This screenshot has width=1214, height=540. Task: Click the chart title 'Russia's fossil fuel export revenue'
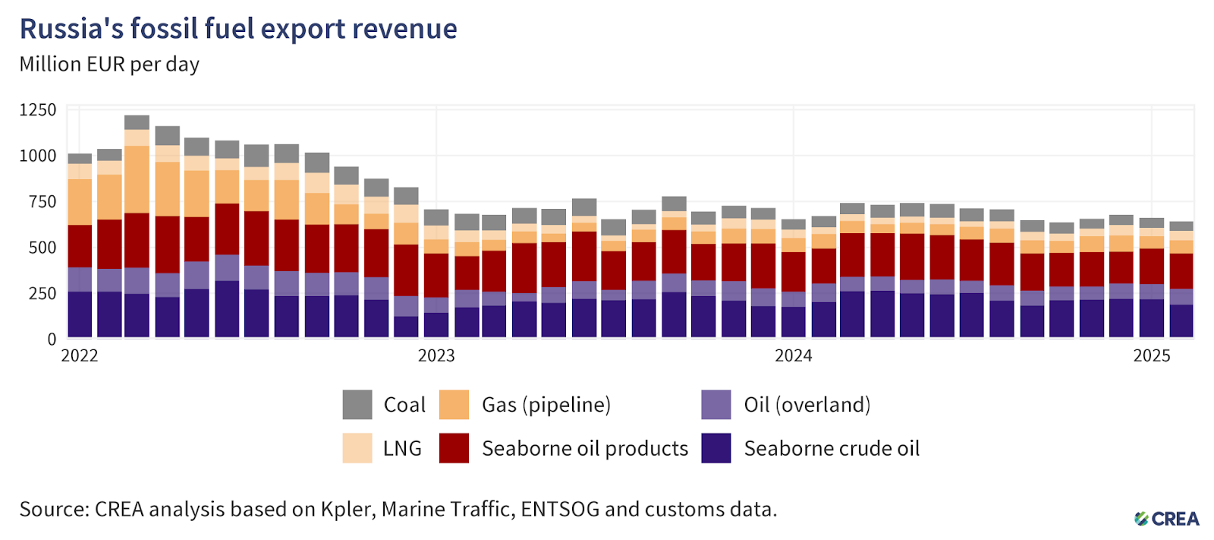(238, 29)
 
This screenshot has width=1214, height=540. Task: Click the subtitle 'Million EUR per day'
(109, 65)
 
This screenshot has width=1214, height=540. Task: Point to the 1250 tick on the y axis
(38, 110)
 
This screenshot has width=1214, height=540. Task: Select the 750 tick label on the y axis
(42, 202)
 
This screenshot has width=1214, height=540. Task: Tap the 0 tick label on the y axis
(52, 339)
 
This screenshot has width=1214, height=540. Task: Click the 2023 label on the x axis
(436, 356)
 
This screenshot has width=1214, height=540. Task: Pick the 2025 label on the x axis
(1152, 356)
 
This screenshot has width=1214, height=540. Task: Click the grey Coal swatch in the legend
(357, 405)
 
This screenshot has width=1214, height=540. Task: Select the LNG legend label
(402, 449)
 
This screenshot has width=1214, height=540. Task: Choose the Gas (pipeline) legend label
(546, 405)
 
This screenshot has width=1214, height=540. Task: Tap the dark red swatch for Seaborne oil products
(454, 448)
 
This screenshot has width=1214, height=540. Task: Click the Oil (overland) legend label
(807, 405)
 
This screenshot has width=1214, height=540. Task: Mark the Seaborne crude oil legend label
(832, 449)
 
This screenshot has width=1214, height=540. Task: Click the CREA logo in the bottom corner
(1167, 519)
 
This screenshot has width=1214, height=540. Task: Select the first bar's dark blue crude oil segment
(80, 314)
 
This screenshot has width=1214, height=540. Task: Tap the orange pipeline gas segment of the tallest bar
(137, 179)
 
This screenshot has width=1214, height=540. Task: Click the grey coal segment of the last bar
(1181, 226)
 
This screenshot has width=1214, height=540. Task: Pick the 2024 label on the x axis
(794, 356)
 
